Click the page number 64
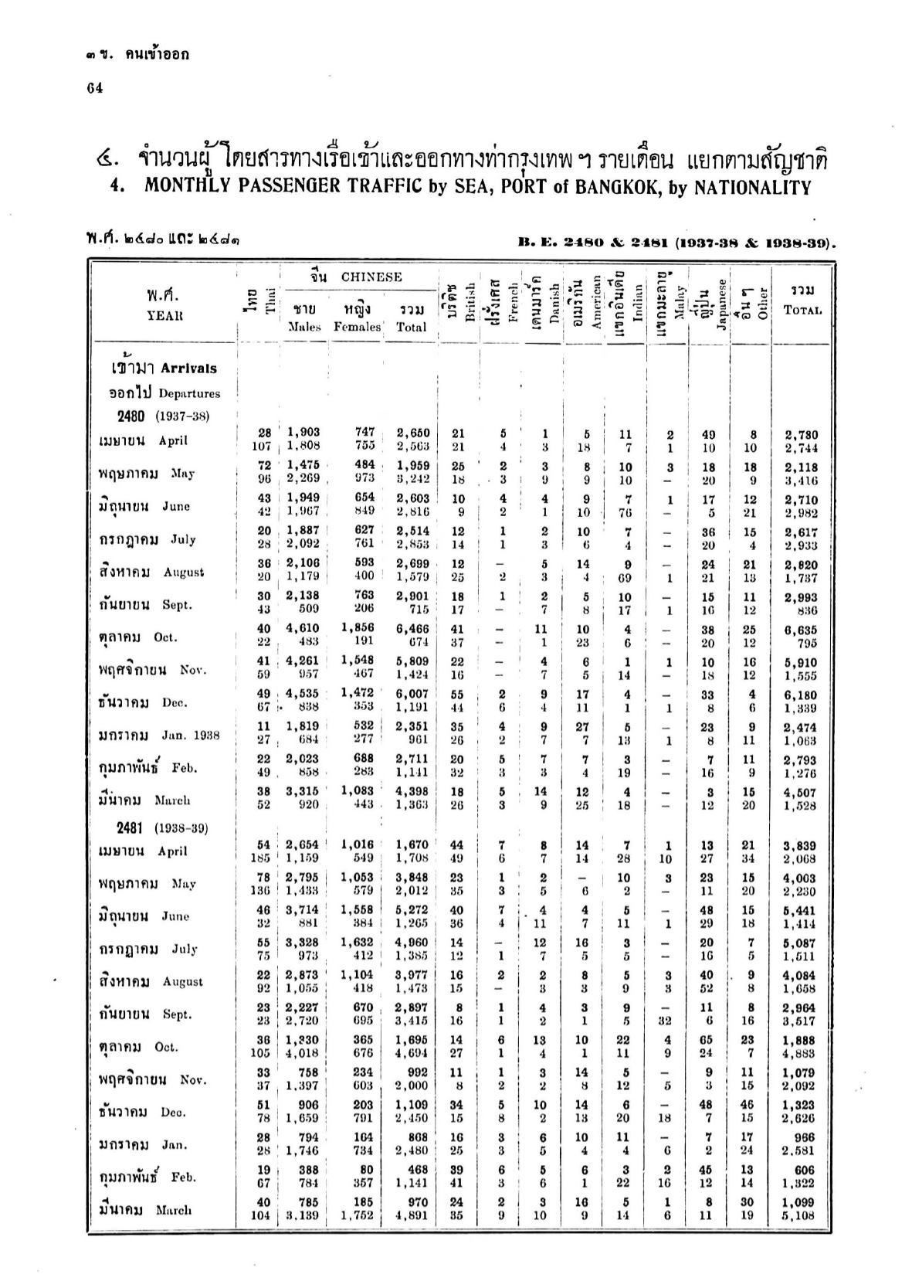coord(95,88)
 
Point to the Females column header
coord(358,327)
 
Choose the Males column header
coord(303,327)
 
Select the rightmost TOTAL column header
coord(802,311)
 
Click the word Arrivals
coord(189,369)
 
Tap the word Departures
coord(189,393)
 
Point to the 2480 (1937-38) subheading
coord(163,416)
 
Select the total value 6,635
coord(801,630)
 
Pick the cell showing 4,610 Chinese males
coord(303,630)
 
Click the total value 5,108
coord(801,1215)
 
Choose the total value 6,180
coord(801,695)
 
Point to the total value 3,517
coord(801,1020)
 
